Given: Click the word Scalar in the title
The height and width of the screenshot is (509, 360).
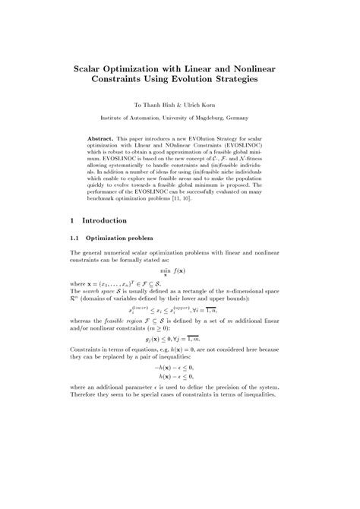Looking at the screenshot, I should [x=91, y=68].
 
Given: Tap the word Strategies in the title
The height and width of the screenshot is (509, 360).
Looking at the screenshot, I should [x=235, y=79].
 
